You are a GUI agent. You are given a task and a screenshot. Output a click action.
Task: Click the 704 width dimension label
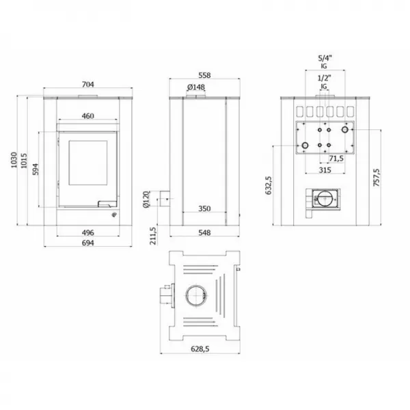[87, 85]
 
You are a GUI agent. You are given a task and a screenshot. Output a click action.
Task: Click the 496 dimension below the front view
[87, 232]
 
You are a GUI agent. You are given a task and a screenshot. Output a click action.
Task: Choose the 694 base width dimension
[87, 243]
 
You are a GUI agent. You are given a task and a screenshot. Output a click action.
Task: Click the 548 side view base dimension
[203, 232]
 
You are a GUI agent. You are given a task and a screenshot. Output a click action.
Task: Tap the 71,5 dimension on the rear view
[336, 159]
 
